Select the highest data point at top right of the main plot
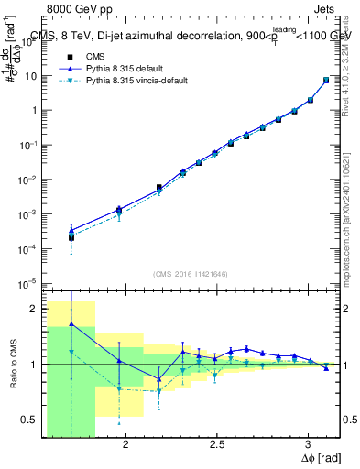pyautogui.click(x=326, y=80)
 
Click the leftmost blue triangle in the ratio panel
pyautogui.click(x=71, y=324)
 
